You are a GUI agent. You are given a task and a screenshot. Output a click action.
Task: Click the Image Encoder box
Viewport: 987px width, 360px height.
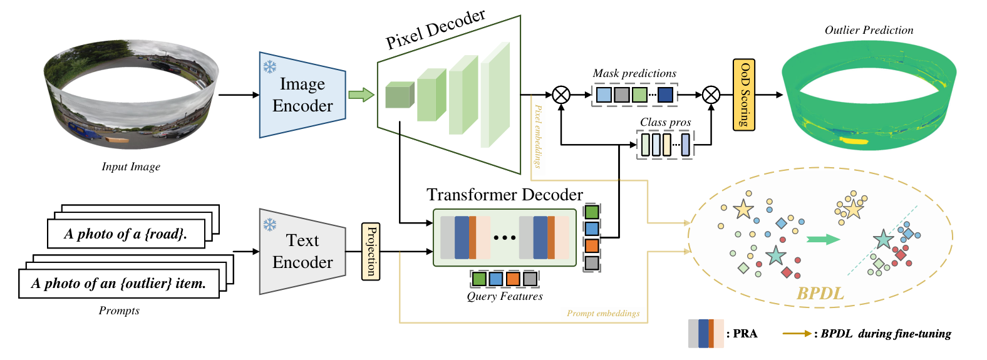[x=302, y=95]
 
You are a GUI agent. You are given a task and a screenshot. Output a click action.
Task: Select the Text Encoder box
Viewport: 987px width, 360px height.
[x=302, y=252]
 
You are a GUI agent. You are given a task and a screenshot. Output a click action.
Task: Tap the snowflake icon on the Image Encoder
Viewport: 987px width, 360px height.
[x=269, y=67]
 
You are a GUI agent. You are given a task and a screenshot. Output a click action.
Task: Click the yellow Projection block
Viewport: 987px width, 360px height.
[x=371, y=251]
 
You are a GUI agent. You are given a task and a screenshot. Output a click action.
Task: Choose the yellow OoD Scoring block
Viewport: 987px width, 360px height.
[x=744, y=95]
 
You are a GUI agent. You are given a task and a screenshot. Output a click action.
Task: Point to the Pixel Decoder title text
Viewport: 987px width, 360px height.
[x=435, y=29]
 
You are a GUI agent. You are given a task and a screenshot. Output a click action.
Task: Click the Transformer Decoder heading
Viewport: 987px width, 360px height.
[x=504, y=195]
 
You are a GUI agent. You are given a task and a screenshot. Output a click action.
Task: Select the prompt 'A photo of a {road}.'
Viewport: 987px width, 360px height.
[x=126, y=234]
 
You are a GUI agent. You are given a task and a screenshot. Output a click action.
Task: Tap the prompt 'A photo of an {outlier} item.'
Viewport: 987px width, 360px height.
[x=119, y=284]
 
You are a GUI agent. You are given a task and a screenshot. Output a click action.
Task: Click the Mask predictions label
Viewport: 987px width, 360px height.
[x=634, y=73]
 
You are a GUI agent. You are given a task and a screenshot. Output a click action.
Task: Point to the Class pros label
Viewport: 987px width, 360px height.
[x=665, y=122]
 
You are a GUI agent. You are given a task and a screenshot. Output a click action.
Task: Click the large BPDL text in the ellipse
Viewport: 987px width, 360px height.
[x=820, y=293]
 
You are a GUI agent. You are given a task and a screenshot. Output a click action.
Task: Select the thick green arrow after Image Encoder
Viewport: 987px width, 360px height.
[x=361, y=95]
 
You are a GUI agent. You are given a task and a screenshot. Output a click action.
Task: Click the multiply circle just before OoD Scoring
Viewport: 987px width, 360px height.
[x=711, y=95]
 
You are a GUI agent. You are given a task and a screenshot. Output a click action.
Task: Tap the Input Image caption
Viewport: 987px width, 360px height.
[x=131, y=167]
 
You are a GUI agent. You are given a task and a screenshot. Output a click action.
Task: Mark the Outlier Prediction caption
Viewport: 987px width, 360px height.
[x=869, y=30]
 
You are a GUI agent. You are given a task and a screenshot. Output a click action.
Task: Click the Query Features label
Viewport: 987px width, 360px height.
[x=504, y=296]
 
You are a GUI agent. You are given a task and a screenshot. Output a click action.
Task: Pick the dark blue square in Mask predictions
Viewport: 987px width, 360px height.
[x=665, y=95]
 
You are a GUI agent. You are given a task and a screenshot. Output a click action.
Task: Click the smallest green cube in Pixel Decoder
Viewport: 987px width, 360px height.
[x=399, y=95]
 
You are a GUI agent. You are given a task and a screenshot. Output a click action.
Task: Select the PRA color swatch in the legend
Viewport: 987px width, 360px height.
[x=706, y=333]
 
